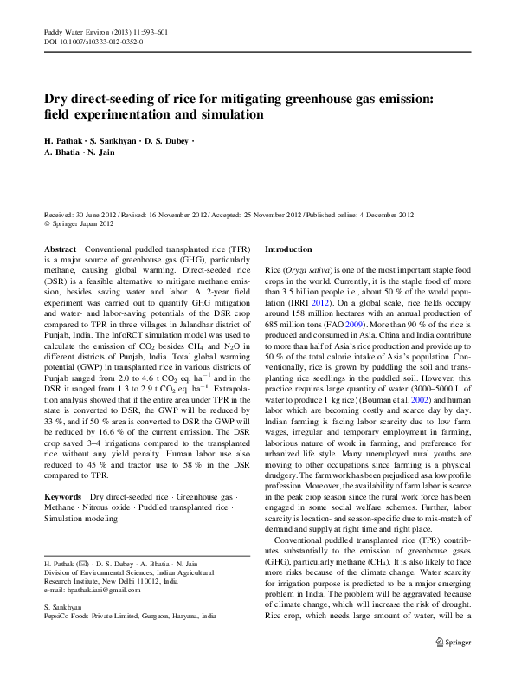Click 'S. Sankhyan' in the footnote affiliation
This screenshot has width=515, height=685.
(x=62, y=608)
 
